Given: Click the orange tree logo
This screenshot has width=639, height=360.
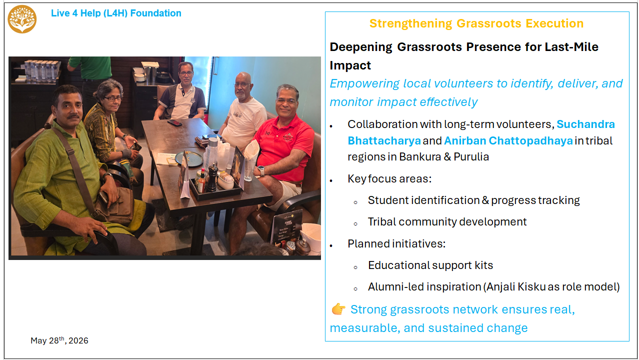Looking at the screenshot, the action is tap(22, 19).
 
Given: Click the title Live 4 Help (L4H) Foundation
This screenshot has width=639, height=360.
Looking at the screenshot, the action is tap(116, 13).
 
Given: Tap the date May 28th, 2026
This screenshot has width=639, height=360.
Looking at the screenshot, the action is tap(59, 340).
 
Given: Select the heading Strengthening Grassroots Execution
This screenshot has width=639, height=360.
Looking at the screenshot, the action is tap(476, 23).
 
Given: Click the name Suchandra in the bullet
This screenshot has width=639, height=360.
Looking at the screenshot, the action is tap(585, 124).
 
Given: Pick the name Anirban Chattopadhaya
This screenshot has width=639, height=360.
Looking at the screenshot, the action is tap(508, 141).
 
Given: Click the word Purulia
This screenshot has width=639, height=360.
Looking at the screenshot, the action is tap(471, 157).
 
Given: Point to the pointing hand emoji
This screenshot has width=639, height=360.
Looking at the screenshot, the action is tap(338, 309).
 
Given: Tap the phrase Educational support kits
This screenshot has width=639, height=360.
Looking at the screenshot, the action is tap(430, 265).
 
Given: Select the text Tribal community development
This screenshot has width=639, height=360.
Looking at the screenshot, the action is tap(447, 222).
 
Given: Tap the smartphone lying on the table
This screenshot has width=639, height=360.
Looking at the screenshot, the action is tap(174, 122).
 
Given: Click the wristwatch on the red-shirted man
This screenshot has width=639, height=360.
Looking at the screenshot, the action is tap(261, 170).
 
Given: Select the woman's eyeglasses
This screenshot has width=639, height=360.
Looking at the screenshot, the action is tap(113, 98).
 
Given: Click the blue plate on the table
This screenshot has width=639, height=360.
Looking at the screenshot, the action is tap(189, 158).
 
